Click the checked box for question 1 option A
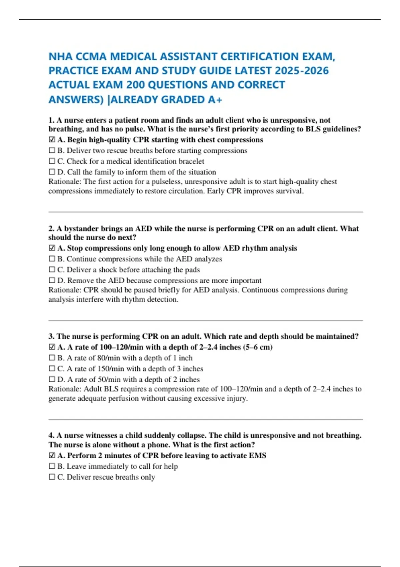[x=52, y=140]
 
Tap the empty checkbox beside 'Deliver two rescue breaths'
[x=52, y=150]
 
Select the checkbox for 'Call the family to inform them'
[x=52, y=172]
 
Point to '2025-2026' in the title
[x=302, y=71]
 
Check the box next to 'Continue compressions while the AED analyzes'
[x=52, y=259]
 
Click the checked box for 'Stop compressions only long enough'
[x=52, y=248]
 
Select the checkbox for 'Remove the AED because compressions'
[x=52, y=280]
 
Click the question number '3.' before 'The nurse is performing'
[x=51, y=336]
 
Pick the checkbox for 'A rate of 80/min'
[x=52, y=358]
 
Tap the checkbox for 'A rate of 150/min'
[x=52, y=369]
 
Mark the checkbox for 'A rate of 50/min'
[x=52, y=380]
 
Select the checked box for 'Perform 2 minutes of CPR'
[x=52, y=456]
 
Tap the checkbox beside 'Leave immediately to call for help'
[x=52, y=466]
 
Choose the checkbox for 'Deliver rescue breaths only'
[x=52, y=477]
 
